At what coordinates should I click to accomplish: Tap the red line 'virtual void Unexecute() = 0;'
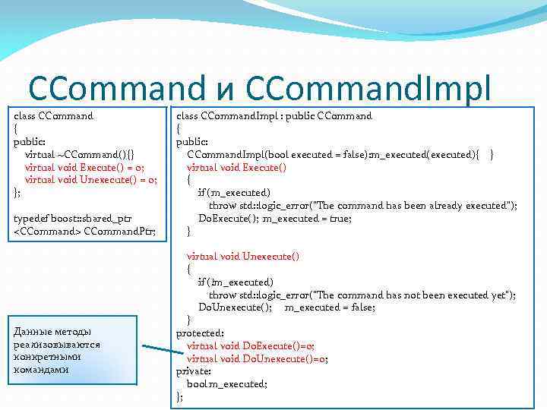click(x=90, y=180)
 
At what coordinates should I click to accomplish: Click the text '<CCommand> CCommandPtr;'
click(x=84, y=231)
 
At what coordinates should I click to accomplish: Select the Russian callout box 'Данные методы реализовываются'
click(x=69, y=350)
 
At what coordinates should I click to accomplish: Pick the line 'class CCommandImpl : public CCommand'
click(x=274, y=116)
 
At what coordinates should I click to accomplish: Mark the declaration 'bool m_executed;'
click(x=227, y=384)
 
